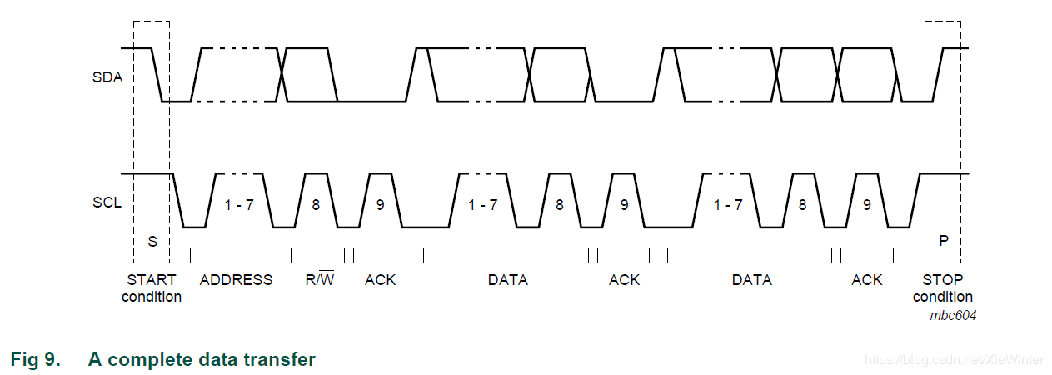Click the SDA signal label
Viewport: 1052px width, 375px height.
(x=107, y=77)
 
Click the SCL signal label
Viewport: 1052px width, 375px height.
(x=107, y=202)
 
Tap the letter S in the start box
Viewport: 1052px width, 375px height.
(x=152, y=242)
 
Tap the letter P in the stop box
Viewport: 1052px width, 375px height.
(x=944, y=241)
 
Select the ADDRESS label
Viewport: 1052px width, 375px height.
(x=236, y=280)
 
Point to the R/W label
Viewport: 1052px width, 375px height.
(x=319, y=279)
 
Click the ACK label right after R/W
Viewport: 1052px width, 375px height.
(x=381, y=280)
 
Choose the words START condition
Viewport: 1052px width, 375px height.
(x=152, y=288)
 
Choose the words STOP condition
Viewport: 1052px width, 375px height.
(x=943, y=288)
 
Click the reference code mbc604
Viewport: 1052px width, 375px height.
(x=953, y=315)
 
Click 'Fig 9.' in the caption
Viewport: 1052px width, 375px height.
(x=36, y=359)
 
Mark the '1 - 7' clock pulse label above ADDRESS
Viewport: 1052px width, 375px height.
(x=239, y=205)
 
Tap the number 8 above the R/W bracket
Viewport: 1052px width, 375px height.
(x=316, y=205)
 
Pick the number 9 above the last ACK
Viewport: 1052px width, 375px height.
(x=867, y=205)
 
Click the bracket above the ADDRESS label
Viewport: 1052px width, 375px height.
(x=236, y=262)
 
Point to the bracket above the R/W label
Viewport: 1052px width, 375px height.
(x=317, y=262)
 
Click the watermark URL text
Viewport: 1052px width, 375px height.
(x=954, y=360)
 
